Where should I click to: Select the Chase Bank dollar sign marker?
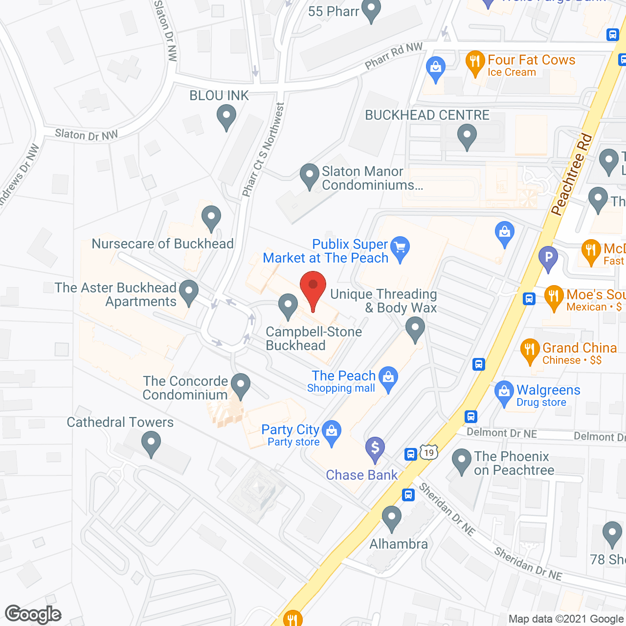pyautogui.click(x=375, y=447)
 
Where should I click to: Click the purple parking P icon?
pyautogui.click(x=548, y=257)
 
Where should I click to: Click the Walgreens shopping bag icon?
pyautogui.click(x=504, y=392)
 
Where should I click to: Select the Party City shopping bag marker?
pyautogui.click(x=332, y=431)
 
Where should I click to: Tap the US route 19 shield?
pyautogui.click(x=429, y=452)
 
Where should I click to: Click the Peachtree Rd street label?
pyautogui.click(x=571, y=175)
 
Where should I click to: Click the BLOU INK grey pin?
pyautogui.click(x=226, y=117)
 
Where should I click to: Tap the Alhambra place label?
pyautogui.click(x=399, y=544)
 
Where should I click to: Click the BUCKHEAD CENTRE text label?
pyautogui.click(x=427, y=115)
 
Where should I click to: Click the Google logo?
pyautogui.click(x=33, y=614)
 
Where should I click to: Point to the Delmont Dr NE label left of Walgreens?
pyautogui.click(x=501, y=433)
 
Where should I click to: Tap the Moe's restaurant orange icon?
pyautogui.click(x=554, y=296)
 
